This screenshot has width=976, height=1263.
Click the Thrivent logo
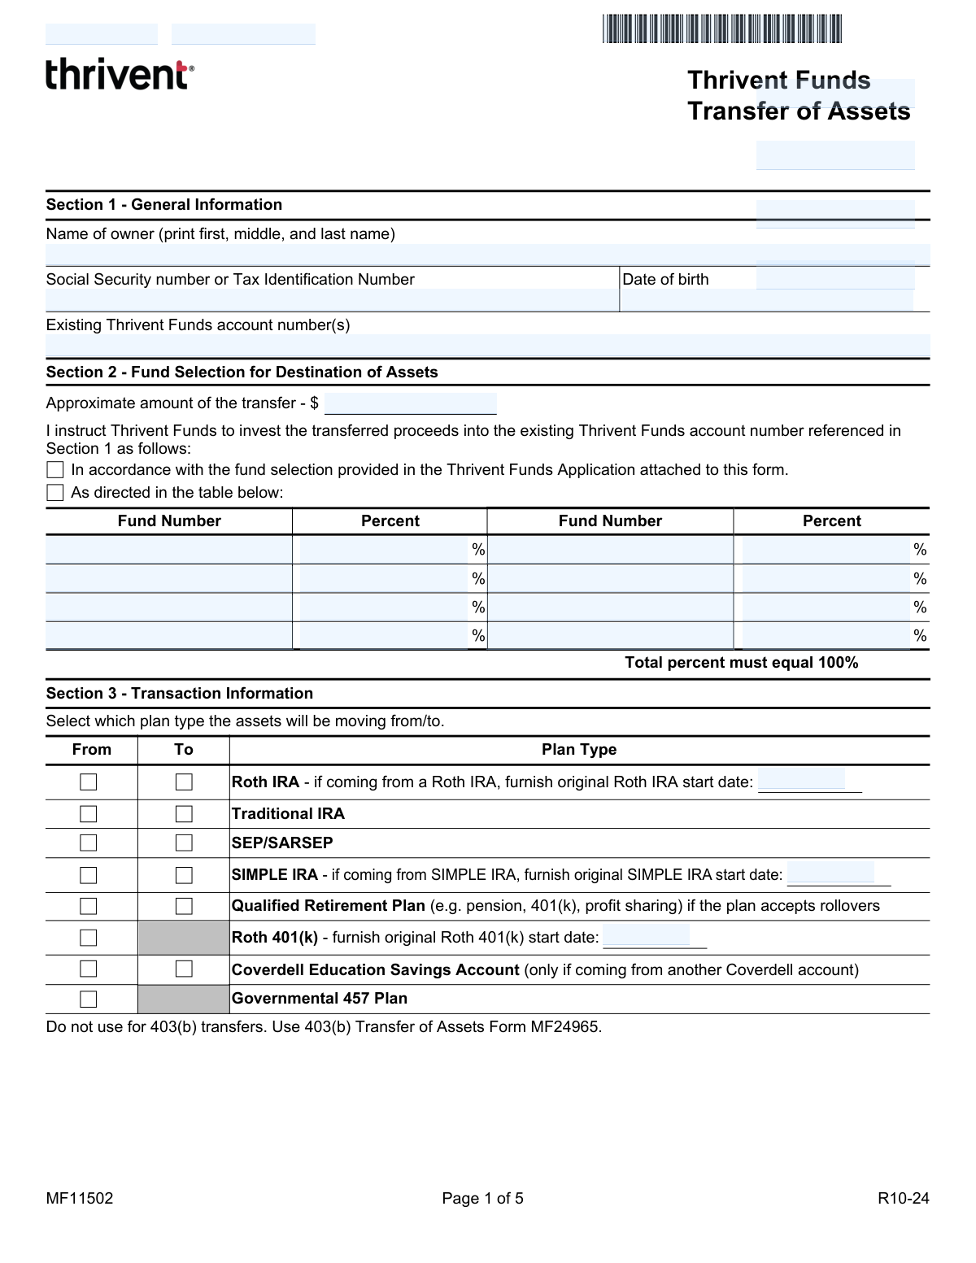pos(120,74)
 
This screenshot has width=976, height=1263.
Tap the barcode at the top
pos(721,28)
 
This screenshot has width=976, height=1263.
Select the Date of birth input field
pos(766,300)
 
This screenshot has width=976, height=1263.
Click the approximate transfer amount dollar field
pos(410,404)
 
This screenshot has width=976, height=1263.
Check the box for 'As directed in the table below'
pos(55,493)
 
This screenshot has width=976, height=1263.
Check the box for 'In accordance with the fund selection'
pos(55,470)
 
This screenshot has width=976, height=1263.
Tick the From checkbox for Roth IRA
pos(89,782)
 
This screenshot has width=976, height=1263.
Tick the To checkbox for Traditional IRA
pos(185,814)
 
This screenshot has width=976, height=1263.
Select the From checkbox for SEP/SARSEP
pos(89,843)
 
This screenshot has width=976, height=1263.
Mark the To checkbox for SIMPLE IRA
pos(185,875)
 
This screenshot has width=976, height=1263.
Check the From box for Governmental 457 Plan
pos(89,999)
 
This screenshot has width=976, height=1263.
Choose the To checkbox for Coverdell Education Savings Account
pos(185,969)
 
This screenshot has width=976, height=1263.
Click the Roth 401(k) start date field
pos(647,936)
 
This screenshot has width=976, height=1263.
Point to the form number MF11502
pos(80,1199)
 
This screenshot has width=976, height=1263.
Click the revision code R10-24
pos(903,1199)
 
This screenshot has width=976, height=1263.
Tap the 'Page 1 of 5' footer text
pos(482,1199)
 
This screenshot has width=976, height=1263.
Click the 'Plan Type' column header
pos(579,750)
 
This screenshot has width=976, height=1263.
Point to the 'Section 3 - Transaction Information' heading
pos(180,694)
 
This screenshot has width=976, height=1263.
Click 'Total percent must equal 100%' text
pos(741,663)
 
